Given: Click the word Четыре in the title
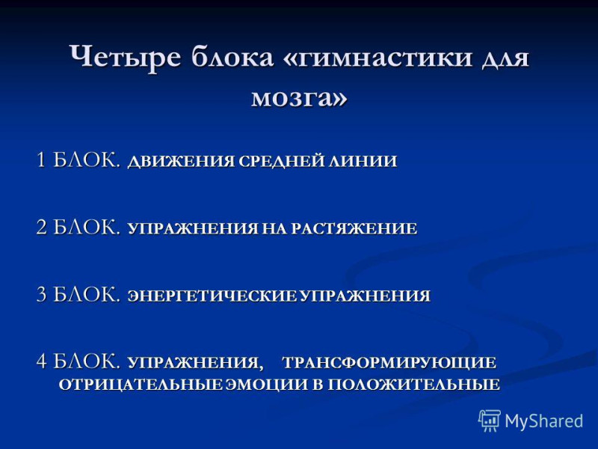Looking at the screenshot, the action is pyautogui.click(x=125, y=58).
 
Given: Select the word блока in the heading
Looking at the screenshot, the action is pyautogui.click(x=232, y=57).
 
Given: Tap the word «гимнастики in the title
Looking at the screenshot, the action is pyautogui.click(x=378, y=58).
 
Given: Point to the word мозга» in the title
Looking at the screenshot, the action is pyautogui.click(x=300, y=97).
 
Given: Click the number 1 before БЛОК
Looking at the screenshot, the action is pyautogui.click(x=42, y=159).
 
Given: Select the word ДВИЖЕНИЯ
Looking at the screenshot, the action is pyautogui.click(x=180, y=161).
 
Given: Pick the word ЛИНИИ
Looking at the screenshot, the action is pyautogui.click(x=363, y=161).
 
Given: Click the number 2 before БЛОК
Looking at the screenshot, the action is pyautogui.click(x=42, y=227).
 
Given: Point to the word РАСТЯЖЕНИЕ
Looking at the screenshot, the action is pyautogui.click(x=354, y=228).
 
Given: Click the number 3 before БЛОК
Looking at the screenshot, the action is pyautogui.click(x=42, y=294).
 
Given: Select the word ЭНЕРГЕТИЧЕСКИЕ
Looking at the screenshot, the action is pyautogui.click(x=212, y=296).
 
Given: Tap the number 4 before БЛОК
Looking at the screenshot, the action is pyautogui.click(x=42, y=361).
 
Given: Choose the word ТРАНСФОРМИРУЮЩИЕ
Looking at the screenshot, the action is pyautogui.click(x=389, y=362).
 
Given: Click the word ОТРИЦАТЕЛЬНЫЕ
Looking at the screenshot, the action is pyautogui.click(x=141, y=385).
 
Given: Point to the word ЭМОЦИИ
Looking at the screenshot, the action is pyautogui.click(x=267, y=385).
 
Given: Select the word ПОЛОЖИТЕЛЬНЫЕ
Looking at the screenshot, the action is pyautogui.click(x=414, y=385).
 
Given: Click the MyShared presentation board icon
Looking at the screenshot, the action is pyautogui.click(x=490, y=421).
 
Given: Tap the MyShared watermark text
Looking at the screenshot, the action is pyautogui.click(x=544, y=421).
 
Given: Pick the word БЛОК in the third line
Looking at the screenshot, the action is pyautogui.click(x=86, y=294).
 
